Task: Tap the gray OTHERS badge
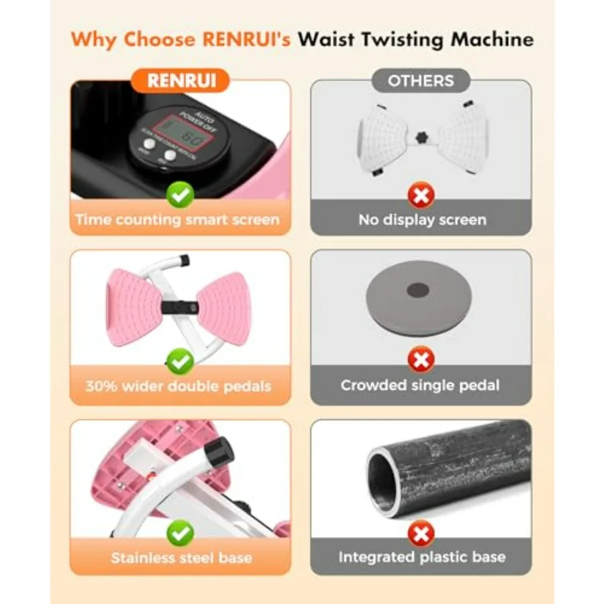(x=420, y=81)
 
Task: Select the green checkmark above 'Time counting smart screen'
(x=181, y=195)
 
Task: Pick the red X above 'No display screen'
(x=421, y=196)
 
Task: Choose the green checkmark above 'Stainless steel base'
(x=181, y=534)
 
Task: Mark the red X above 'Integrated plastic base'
(x=421, y=534)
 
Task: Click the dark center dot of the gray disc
(x=419, y=290)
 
